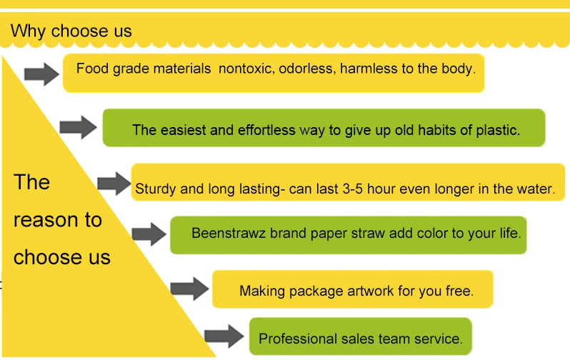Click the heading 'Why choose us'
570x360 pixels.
point(71,31)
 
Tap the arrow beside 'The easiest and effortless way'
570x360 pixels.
point(78,128)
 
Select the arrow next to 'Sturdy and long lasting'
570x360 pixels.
point(114,183)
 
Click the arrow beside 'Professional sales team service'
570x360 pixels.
point(224,335)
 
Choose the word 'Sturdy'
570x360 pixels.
point(155,189)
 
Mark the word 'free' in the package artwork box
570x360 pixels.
point(458,291)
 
